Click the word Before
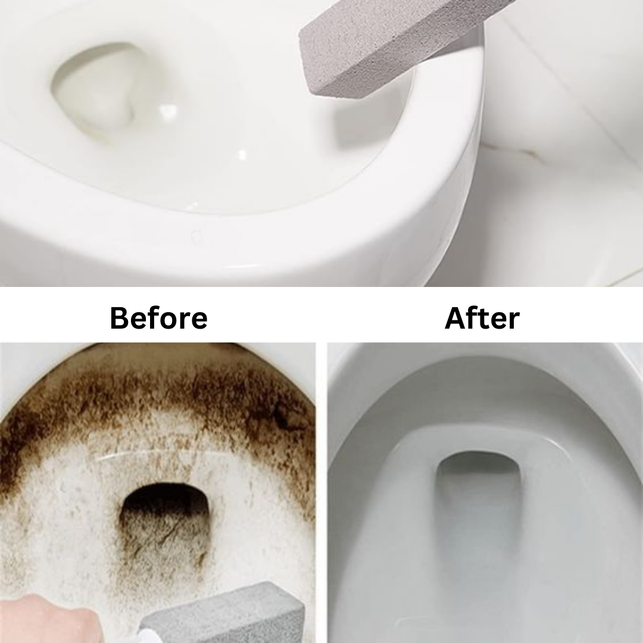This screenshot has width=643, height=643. (158, 318)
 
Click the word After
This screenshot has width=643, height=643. (482, 318)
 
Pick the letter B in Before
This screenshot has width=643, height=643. (120, 318)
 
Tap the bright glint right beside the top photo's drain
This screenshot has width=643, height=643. (168, 111)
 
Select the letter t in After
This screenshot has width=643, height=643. (481, 319)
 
